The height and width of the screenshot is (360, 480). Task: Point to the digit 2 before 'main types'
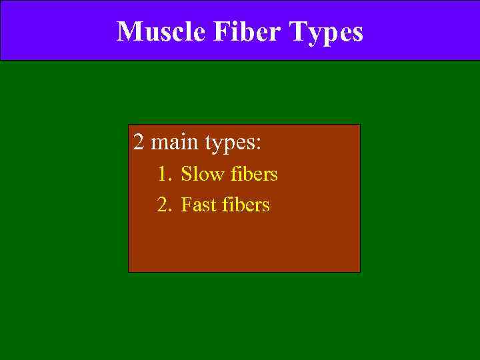coord(138,143)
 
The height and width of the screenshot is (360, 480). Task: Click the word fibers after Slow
coord(255,175)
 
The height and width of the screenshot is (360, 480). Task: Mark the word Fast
coord(200,204)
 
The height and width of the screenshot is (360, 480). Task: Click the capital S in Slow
coord(186,175)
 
